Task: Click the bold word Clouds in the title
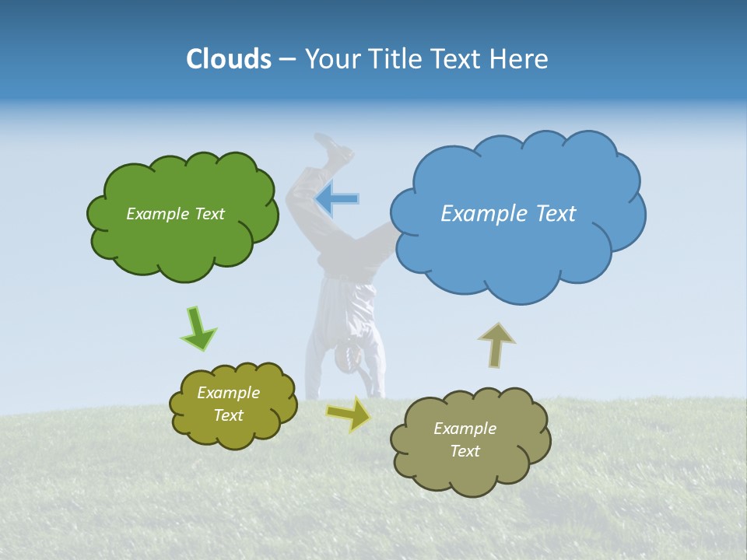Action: (228, 59)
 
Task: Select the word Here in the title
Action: (521, 59)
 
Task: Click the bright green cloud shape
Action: (183, 241)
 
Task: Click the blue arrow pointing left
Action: (337, 199)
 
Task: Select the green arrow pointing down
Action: (198, 329)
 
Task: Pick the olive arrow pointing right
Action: (349, 413)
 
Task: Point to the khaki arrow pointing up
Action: (496, 345)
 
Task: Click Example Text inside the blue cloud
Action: (508, 214)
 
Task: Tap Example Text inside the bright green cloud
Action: (175, 214)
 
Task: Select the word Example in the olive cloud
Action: (228, 393)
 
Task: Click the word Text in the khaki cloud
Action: (465, 451)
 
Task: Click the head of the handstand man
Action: (348, 356)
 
